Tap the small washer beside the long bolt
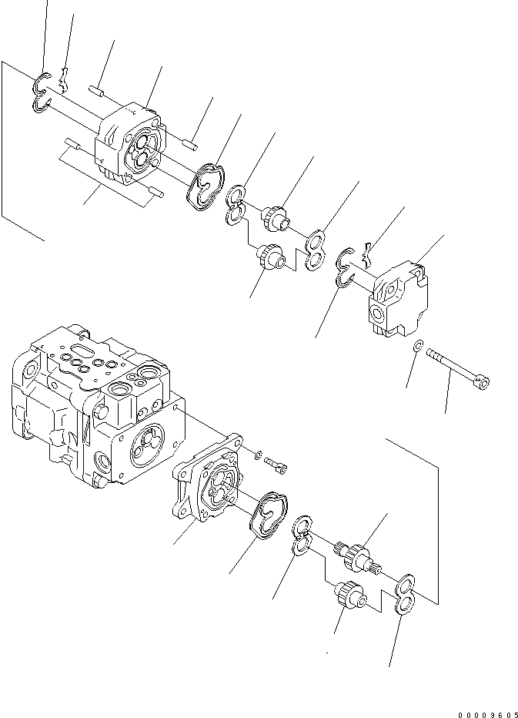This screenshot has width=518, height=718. [416, 348]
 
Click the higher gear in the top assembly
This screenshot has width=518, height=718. [276, 217]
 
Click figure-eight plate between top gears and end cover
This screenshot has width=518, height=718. [316, 251]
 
